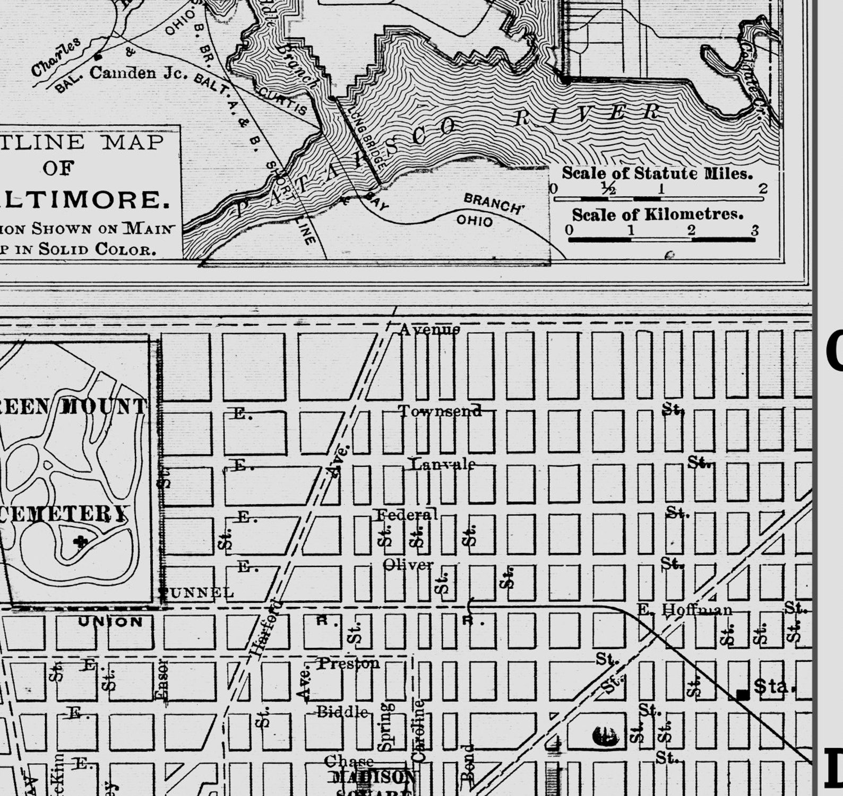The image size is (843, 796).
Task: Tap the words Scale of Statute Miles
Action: tap(657, 173)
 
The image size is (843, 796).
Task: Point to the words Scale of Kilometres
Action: tap(657, 214)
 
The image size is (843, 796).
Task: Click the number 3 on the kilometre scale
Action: tap(754, 231)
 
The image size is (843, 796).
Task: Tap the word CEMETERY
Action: tap(64, 513)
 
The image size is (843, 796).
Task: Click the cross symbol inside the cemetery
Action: tap(81, 541)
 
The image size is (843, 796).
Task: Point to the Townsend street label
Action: tap(441, 410)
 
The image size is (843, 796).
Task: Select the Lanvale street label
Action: tap(443, 464)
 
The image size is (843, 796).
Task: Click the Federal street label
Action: tap(407, 514)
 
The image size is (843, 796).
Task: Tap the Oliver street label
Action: tap(408, 565)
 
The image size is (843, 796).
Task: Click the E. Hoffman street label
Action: tap(684, 610)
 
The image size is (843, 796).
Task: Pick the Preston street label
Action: tap(349, 663)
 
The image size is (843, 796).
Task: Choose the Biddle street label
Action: tap(342, 712)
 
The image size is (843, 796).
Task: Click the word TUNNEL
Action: tap(197, 592)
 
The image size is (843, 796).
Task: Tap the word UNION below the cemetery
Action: tap(110, 622)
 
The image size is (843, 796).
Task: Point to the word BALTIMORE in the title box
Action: tap(85, 199)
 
